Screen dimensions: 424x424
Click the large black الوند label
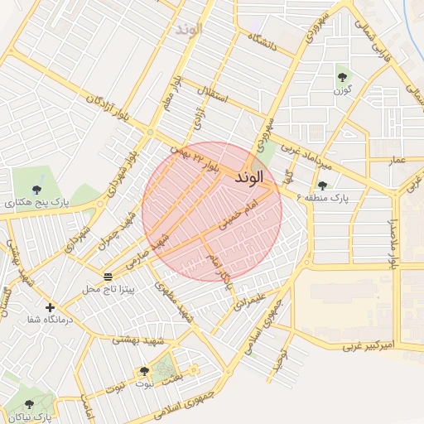tap(249, 177)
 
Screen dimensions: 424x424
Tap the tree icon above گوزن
tap(341, 77)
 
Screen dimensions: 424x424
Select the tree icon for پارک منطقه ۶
tap(322, 185)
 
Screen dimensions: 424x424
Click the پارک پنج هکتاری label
tap(34, 201)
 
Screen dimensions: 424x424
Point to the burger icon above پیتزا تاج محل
tap(108, 276)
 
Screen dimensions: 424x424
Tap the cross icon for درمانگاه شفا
tap(51, 307)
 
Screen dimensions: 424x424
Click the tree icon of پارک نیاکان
tap(29, 404)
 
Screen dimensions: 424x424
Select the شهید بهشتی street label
tap(139, 340)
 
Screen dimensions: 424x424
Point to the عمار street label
tap(397, 158)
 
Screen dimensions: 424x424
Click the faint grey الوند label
tap(188, 29)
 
